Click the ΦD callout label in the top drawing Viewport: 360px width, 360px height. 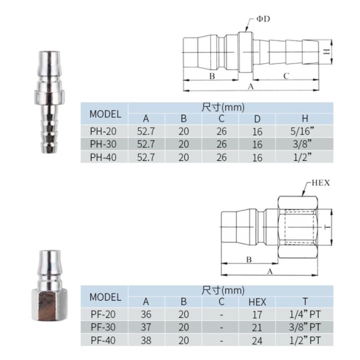263,19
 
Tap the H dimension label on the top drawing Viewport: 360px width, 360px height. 327,51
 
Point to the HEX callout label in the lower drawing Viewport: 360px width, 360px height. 321,183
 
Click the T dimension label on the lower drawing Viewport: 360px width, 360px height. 327,227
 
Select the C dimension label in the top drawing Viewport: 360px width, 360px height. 286,76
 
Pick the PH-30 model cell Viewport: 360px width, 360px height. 103,144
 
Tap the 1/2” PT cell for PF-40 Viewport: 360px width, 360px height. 305,340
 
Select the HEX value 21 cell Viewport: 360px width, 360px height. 257,328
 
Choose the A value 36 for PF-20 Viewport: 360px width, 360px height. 146,314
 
